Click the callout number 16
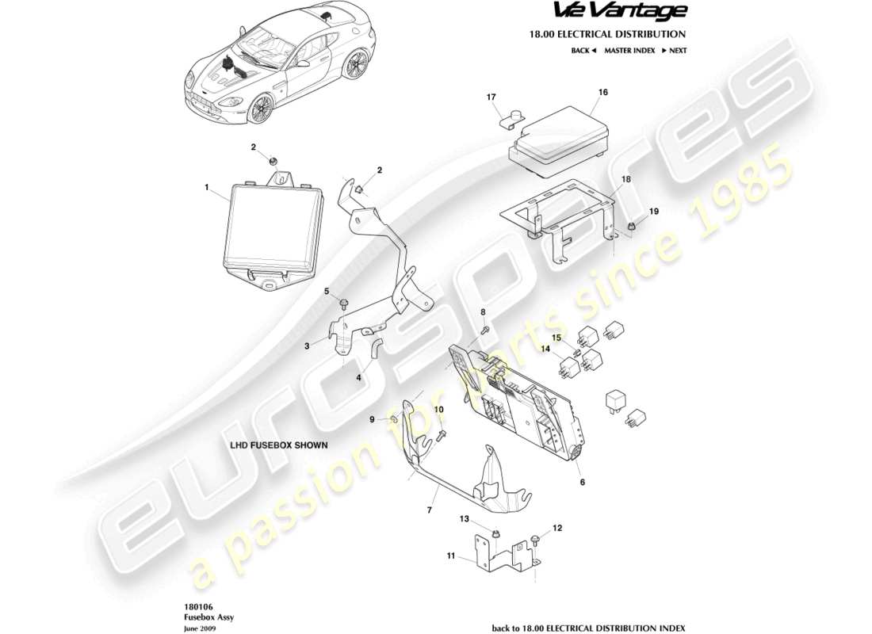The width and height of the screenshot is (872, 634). [602, 93]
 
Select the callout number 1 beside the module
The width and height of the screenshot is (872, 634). [206, 189]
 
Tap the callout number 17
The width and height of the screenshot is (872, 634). [491, 97]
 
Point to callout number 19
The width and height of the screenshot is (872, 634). [654, 212]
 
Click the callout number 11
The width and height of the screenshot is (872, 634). [450, 556]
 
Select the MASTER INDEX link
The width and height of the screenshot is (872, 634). [629, 50]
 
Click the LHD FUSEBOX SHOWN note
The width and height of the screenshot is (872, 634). [278, 445]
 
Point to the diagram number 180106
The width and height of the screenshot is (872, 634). [194, 605]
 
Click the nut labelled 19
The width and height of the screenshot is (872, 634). [632, 228]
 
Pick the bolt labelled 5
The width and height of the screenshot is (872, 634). [345, 304]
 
